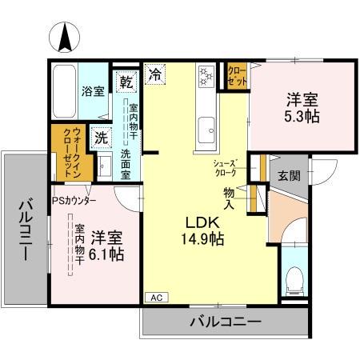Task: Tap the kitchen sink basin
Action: pos(207,126)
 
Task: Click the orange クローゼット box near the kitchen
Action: pos(236,76)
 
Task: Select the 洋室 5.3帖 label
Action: pos(302,110)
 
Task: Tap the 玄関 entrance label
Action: pos(289,175)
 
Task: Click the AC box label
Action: pos(156,298)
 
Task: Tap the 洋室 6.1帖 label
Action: pos(106,246)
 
